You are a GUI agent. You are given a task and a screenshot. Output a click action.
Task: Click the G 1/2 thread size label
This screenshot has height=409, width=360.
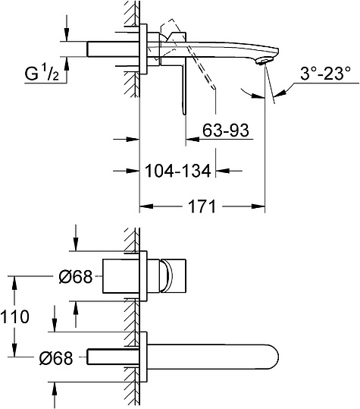pyautogui.click(x=42, y=74)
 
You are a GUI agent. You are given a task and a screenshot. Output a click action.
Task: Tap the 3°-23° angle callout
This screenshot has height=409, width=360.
pyautogui.click(x=325, y=74)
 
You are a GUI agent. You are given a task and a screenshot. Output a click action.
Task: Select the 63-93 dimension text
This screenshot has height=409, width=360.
pyautogui.click(x=226, y=130)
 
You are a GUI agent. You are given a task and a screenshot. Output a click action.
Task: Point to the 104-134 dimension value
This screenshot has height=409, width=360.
pyautogui.click(x=177, y=171)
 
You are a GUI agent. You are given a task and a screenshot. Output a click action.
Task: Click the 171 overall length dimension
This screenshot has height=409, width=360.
pyautogui.click(x=202, y=206)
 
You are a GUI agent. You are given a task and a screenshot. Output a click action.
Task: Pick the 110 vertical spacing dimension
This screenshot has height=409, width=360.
pyautogui.click(x=14, y=316)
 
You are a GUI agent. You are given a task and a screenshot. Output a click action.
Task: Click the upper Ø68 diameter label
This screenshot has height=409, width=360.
pyautogui.click(x=76, y=276)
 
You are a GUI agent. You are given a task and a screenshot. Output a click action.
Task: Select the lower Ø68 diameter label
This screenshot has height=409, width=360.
pyautogui.click(x=56, y=358)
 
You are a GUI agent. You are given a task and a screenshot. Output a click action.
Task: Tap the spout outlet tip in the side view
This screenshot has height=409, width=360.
pyautogui.click(x=265, y=61)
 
